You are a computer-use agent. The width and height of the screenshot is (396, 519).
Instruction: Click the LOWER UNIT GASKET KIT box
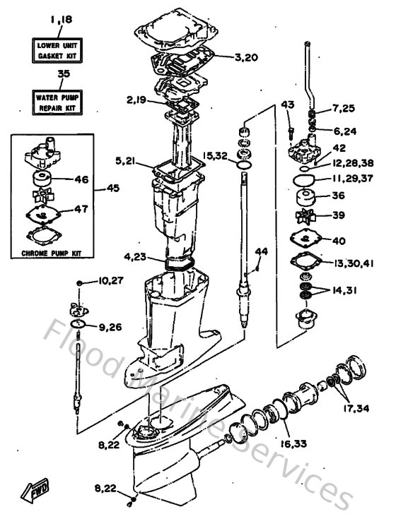(55, 49)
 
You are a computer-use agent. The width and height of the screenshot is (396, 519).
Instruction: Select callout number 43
(288, 105)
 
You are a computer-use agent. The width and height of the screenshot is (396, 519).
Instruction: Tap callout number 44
(262, 251)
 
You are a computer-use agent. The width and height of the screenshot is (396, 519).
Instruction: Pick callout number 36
(339, 196)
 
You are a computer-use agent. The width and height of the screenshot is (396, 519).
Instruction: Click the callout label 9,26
(110, 328)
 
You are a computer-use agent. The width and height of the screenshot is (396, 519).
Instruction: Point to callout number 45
(113, 188)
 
